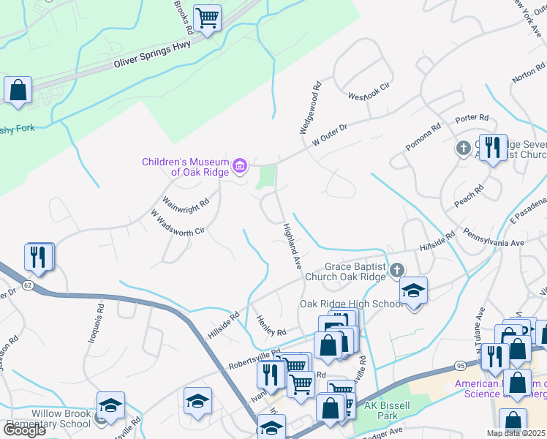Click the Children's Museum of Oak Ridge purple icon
point(239,167)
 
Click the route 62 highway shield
point(28,282)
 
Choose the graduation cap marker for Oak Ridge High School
point(413,291)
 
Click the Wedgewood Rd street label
point(309,108)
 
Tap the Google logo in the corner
point(24,430)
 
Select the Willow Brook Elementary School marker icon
point(110,405)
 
